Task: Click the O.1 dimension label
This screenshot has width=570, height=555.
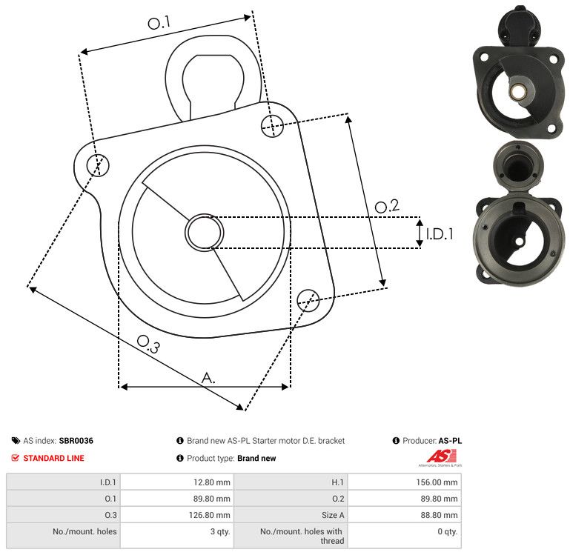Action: pos(159,22)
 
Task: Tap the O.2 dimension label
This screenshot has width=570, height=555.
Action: pos(387,206)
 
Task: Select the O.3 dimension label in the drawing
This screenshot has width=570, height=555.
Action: pos(148,344)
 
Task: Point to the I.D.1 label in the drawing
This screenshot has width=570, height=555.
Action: pos(440,234)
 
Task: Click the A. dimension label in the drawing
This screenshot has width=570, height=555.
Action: pos(208,378)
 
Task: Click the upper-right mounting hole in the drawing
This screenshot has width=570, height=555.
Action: pos(272,126)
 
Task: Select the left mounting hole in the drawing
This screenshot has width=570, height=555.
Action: pos(98,165)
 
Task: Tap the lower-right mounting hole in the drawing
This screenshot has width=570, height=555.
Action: pos(308,300)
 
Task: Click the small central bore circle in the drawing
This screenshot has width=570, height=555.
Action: pos(205,232)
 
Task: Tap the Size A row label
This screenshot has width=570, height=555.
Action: pos(333,515)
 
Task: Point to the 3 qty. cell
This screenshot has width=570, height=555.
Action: pos(220,531)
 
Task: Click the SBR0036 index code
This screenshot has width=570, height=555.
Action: pos(76,440)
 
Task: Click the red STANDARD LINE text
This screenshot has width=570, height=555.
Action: pos(54,458)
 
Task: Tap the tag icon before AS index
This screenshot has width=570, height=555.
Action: pos(16,440)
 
